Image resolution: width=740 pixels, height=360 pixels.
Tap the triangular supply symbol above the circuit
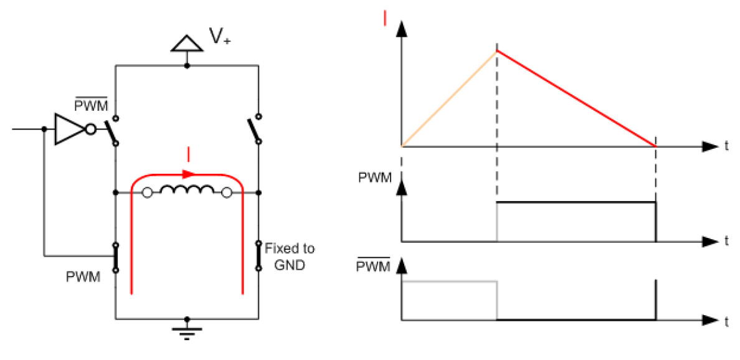pos(187,43)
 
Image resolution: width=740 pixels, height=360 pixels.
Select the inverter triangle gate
pos(70,130)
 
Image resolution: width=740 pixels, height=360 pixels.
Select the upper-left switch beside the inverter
pos(112,131)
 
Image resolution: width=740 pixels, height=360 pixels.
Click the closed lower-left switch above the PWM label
pos(116,258)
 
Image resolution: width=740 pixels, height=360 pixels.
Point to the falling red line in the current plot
pos(576,98)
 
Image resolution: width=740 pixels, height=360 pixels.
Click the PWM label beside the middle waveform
pos(375,178)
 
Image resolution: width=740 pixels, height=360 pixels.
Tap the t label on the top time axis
pos(726,147)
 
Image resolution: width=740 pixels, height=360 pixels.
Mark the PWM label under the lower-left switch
pos(83,277)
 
